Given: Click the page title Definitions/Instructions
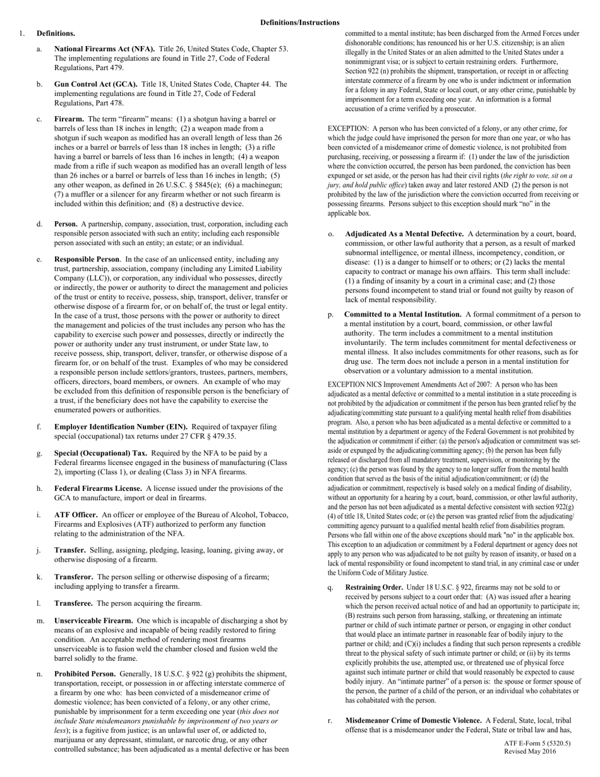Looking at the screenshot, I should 299,23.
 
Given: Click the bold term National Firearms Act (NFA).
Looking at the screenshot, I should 104,49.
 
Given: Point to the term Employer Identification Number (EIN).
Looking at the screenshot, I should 119,427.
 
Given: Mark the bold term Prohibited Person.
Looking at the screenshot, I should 85,673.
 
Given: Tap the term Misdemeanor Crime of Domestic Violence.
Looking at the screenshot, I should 413,720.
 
